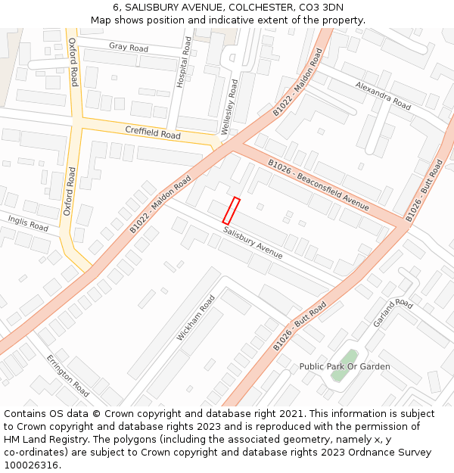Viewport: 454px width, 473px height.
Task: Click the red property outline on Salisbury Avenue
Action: point(232,210)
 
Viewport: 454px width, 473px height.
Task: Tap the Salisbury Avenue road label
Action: point(253,243)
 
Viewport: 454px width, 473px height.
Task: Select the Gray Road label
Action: point(128,47)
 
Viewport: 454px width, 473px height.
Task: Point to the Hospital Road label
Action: point(182,62)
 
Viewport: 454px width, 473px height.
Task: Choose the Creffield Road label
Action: point(153,133)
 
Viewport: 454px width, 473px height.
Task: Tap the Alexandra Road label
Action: point(383,95)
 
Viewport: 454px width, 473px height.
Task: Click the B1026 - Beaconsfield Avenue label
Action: point(318,185)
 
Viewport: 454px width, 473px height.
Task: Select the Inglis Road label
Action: point(28,222)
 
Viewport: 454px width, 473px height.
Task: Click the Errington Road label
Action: point(67,375)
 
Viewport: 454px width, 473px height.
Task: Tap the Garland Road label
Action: point(393,313)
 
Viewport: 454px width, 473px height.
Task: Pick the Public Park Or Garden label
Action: point(345,367)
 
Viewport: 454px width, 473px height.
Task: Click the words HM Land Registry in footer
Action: point(45,439)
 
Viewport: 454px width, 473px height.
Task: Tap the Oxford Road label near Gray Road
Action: point(73,63)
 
